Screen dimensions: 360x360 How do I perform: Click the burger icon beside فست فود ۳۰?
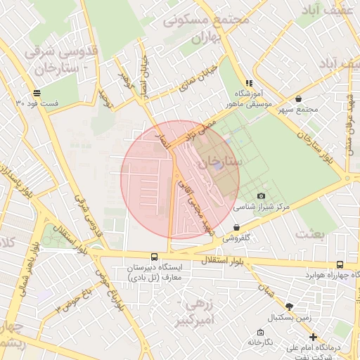[36, 93]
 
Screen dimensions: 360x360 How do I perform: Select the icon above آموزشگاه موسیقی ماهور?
[247, 83]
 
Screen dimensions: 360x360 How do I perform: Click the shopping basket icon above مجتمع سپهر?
[300, 99]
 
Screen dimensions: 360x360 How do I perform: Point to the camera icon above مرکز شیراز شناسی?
[262, 195]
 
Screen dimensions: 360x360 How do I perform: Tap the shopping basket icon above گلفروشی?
[236, 227]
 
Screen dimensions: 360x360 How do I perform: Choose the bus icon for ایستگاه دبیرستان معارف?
[154, 257]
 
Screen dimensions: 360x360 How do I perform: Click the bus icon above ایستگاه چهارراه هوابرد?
[340, 264]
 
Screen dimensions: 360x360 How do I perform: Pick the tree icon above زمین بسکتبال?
[288, 306]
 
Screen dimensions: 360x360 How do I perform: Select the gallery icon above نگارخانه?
[260, 331]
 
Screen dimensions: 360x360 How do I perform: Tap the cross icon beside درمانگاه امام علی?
[313, 337]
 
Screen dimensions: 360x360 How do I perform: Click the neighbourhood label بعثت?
[311, 233]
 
